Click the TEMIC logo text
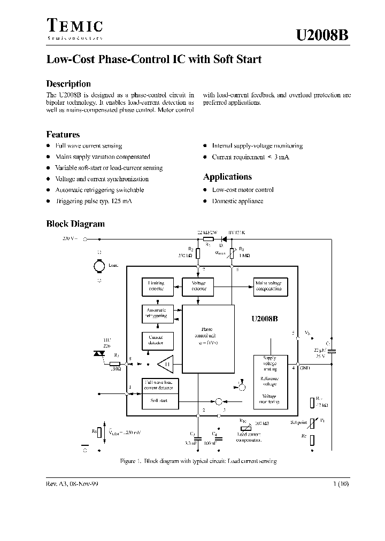pos(74,26)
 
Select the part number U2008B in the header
pos(323,35)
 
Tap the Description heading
pos(68,84)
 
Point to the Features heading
pos(63,135)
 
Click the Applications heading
pos(227,177)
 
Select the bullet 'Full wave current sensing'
pos(89,146)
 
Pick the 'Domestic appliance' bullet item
pos(237,201)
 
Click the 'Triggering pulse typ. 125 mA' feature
pos(93,201)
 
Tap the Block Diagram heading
pos(75,224)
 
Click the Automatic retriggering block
pos(156,313)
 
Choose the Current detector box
pos(156,340)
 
